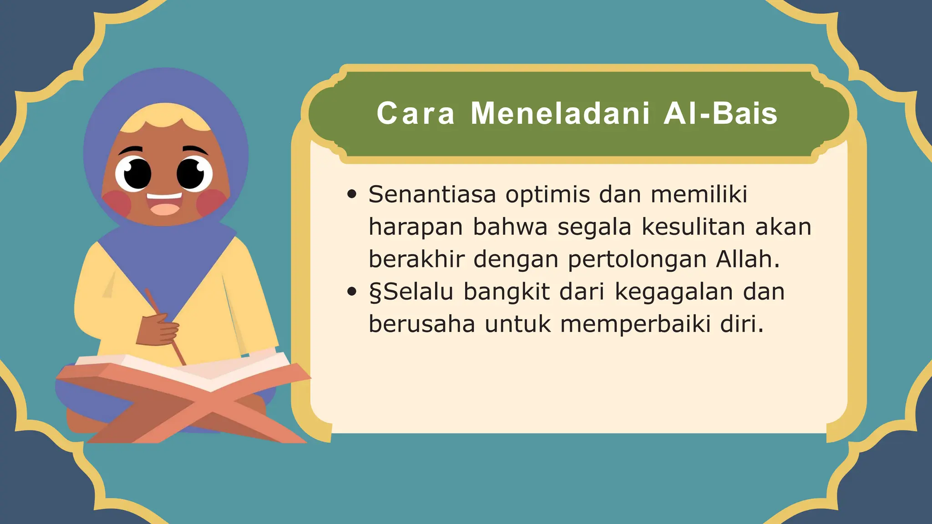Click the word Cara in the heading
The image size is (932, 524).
click(415, 113)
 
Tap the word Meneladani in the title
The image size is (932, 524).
click(560, 113)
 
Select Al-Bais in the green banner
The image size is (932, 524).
click(720, 113)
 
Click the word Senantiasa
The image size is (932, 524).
click(432, 195)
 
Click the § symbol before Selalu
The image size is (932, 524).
click(375, 292)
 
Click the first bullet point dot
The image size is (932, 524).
click(351, 195)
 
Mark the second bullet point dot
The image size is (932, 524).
click(351, 292)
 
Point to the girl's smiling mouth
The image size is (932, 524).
click(164, 203)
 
